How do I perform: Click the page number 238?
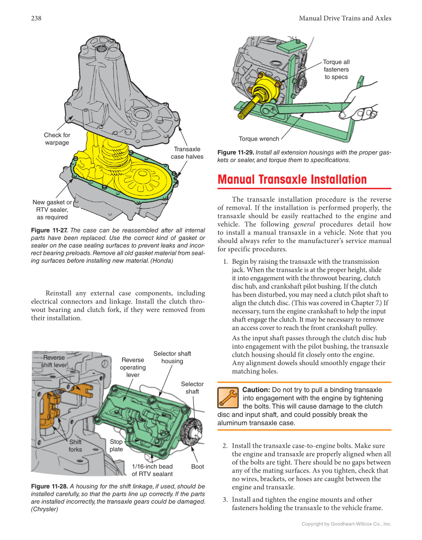pyautogui.click(x=36, y=18)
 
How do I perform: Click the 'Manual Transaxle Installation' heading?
pyautogui.click(x=292, y=179)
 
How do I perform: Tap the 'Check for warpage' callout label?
pyautogui.click(x=57, y=139)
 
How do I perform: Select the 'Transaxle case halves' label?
pyautogui.click(x=187, y=153)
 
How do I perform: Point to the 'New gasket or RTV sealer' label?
pyautogui.click(x=52, y=210)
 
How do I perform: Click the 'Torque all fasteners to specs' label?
pyautogui.click(x=336, y=70)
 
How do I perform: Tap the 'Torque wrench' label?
pyautogui.click(x=258, y=139)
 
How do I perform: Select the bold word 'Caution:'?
pyautogui.click(x=256, y=389)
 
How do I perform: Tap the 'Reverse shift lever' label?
pyautogui.click(x=54, y=361)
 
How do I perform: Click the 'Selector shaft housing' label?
pyautogui.click(x=172, y=357)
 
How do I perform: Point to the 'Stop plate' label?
pyautogui.click(x=116, y=445)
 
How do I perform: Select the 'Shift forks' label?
pyautogui.click(x=76, y=446)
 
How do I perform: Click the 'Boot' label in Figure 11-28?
pyautogui.click(x=197, y=466)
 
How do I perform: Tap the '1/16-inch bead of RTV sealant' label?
pyautogui.click(x=152, y=470)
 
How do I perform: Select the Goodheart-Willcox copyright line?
pyautogui.click(x=346, y=524)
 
